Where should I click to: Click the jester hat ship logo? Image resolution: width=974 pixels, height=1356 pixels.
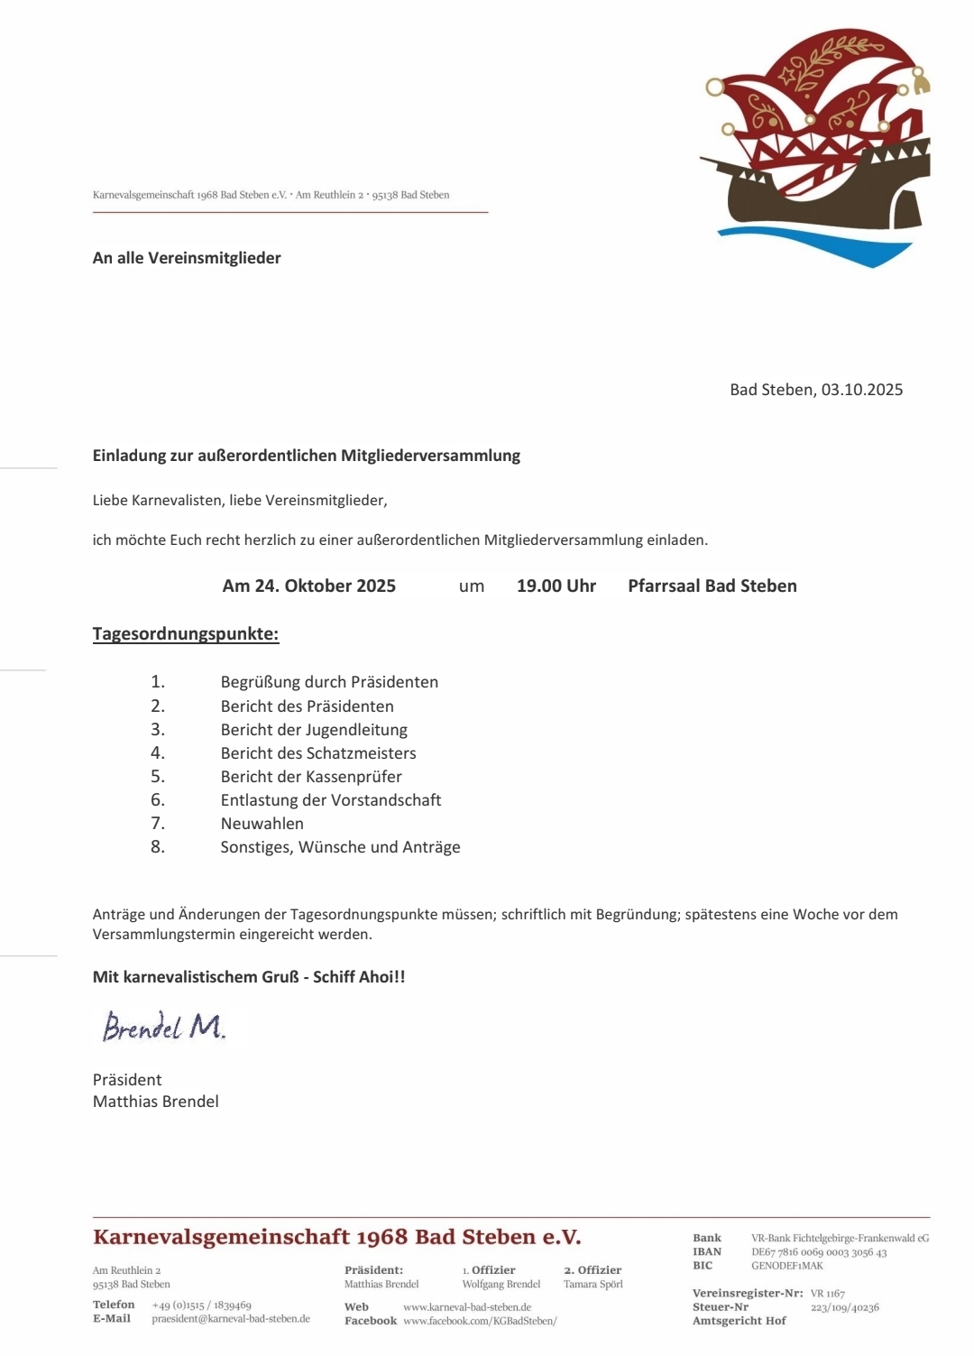click(816, 149)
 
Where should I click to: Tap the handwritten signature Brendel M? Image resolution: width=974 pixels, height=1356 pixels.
click(163, 1027)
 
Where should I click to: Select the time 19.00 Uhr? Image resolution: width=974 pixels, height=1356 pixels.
click(556, 586)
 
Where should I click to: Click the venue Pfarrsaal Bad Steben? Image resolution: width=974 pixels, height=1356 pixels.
click(712, 586)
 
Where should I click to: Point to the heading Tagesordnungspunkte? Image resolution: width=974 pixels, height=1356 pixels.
click(186, 633)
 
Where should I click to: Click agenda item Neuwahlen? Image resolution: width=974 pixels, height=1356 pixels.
click(262, 823)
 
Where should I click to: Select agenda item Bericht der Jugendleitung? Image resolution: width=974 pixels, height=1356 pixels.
click(314, 729)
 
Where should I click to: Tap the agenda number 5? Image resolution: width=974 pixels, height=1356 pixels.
click(158, 776)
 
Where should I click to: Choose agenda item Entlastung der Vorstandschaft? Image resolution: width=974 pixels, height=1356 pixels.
click(331, 799)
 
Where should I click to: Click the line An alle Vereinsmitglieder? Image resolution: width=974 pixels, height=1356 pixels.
click(187, 258)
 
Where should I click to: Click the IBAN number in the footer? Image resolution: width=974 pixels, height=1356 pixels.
click(818, 1252)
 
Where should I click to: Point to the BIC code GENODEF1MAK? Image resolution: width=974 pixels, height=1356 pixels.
click(786, 1266)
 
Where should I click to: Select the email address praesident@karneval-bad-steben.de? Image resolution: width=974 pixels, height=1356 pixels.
click(231, 1319)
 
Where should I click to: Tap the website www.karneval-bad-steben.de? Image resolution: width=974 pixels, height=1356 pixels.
click(467, 1307)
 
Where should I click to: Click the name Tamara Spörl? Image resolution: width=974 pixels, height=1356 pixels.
click(593, 1285)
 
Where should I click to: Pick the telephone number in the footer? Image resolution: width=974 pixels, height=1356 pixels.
click(201, 1305)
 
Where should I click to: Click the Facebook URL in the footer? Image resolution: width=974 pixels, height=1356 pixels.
click(480, 1321)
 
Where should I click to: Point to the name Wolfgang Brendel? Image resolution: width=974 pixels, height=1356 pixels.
click(501, 1285)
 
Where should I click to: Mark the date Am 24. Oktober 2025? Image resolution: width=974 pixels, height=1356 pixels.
click(308, 586)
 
